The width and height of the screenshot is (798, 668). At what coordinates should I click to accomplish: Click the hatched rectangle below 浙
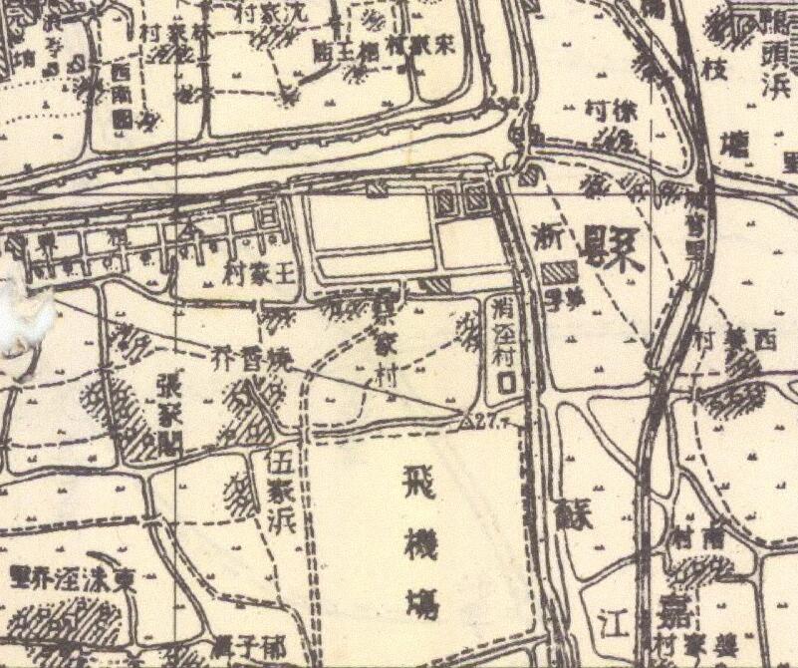click(x=561, y=272)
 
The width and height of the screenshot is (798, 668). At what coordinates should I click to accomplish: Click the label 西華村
click(x=736, y=339)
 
